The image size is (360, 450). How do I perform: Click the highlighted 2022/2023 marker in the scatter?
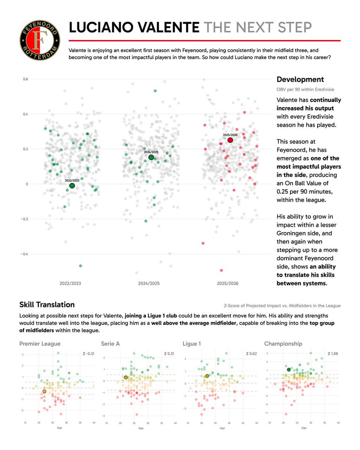click(72, 186)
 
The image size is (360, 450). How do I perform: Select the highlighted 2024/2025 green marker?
click(151, 157)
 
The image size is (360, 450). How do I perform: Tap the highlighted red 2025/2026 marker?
click(230, 140)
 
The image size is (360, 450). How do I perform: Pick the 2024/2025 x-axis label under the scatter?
click(149, 283)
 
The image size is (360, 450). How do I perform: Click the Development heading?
click(300, 79)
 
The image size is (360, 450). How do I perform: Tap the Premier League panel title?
click(40, 343)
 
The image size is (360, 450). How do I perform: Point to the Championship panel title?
click(283, 343)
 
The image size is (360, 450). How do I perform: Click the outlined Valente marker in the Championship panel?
click(289, 370)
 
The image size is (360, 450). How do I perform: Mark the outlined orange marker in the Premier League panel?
click(44, 391)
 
